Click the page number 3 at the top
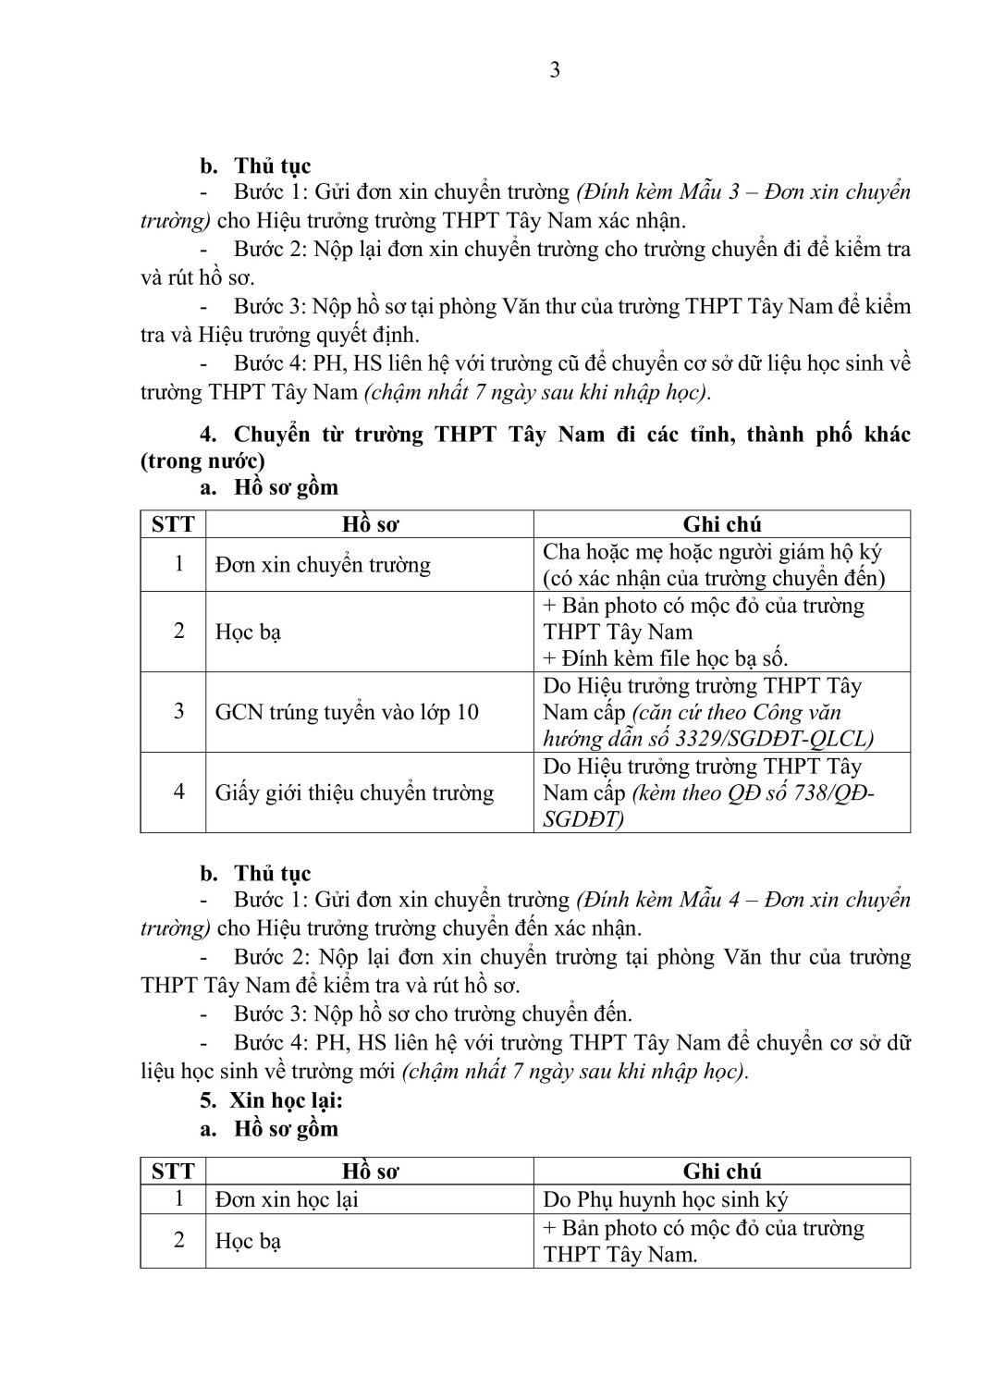[555, 71]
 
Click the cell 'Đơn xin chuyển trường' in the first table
[323, 565]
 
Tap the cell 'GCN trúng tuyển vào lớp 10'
[347, 712]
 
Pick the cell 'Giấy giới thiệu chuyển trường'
[354, 792]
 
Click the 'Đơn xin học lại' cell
[287, 1200]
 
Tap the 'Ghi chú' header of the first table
[722, 525]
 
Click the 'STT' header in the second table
[173, 1172]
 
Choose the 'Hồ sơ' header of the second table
[370, 1172]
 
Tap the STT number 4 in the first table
[179, 792]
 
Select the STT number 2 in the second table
[179, 1240]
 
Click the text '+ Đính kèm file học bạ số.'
[666, 659]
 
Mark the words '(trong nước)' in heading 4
[202, 460]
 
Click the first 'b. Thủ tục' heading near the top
[256, 166]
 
